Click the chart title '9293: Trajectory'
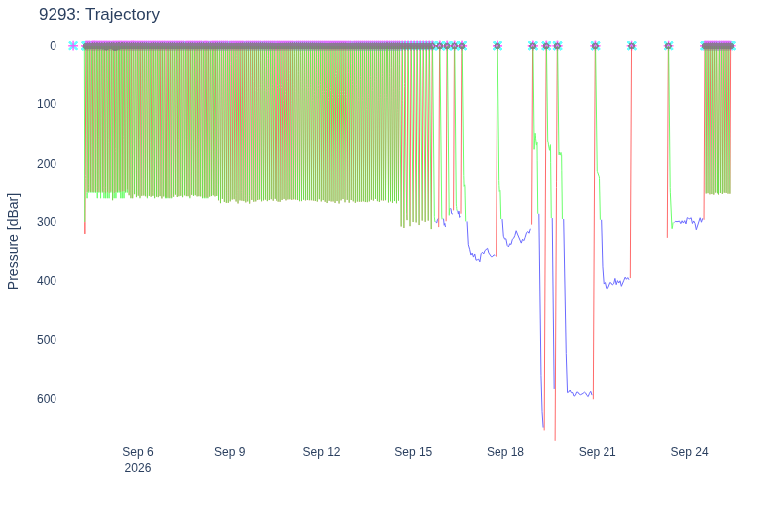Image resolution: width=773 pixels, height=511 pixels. click(99, 14)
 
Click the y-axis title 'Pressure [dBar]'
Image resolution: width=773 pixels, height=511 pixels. click(13, 241)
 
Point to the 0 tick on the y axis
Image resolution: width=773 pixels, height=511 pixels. click(53, 46)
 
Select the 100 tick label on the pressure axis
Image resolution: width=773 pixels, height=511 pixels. click(47, 104)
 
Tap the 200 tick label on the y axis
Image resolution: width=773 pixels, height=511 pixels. click(47, 164)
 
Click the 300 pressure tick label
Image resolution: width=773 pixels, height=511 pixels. click(47, 222)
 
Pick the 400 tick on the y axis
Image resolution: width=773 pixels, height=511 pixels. click(47, 281)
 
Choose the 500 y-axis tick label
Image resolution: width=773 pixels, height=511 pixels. click(47, 340)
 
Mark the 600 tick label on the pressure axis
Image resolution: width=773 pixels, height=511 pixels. click(47, 399)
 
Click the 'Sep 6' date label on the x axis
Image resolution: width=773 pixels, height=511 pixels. click(138, 452)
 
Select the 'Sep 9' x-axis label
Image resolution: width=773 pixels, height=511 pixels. click(230, 452)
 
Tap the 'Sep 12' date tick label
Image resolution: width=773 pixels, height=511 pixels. click(321, 452)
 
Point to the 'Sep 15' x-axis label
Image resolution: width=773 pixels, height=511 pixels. click(413, 452)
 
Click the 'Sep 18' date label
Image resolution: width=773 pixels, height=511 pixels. click(505, 452)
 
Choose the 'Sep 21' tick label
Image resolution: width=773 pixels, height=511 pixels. click(597, 452)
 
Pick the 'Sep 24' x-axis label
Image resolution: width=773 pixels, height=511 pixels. click(689, 452)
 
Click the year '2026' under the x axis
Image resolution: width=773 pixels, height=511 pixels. click(138, 468)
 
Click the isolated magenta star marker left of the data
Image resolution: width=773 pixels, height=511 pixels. click(73, 46)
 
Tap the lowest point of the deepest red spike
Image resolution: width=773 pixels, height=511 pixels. click(555, 440)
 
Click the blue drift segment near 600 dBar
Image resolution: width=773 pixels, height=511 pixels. click(580, 394)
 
